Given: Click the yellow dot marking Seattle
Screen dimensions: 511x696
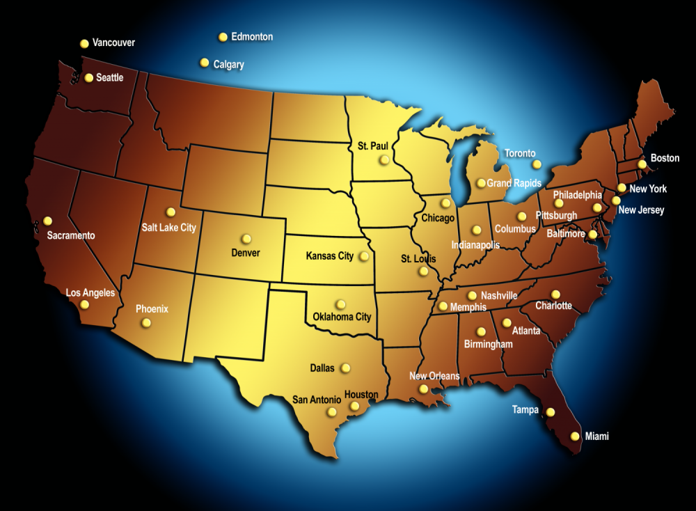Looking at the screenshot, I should [x=88, y=78].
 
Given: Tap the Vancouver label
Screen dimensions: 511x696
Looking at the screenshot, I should [x=113, y=42].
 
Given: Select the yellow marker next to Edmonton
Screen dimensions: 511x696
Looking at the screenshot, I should [x=223, y=37].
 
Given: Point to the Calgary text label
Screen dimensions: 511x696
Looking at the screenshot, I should [x=228, y=65].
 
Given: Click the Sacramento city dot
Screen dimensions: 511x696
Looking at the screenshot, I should [x=47, y=221].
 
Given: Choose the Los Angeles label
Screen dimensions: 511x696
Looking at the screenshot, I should [x=90, y=293].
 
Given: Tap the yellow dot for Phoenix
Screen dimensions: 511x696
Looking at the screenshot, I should [x=145, y=322].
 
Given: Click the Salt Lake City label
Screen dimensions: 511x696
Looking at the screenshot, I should [x=168, y=228].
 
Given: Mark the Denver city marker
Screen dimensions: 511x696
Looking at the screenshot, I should [x=246, y=238].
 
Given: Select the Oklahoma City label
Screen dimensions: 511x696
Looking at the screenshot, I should [x=342, y=317].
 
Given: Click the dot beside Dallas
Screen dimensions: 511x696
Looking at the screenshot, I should [x=345, y=368].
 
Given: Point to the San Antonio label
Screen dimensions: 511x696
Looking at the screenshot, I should [x=317, y=400].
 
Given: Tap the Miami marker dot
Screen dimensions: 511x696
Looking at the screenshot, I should [x=575, y=437].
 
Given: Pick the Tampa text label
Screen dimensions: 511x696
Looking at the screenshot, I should [x=525, y=409].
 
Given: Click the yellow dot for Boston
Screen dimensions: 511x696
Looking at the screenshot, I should [x=642, y=164].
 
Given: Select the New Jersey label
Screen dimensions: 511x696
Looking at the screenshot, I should [x=641, y=210].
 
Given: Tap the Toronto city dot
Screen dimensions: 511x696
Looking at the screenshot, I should [x=537, y=164].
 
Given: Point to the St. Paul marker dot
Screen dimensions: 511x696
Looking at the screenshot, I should [x=384, y=159].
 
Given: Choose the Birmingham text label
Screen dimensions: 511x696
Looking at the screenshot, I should [x=489, y=344].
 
